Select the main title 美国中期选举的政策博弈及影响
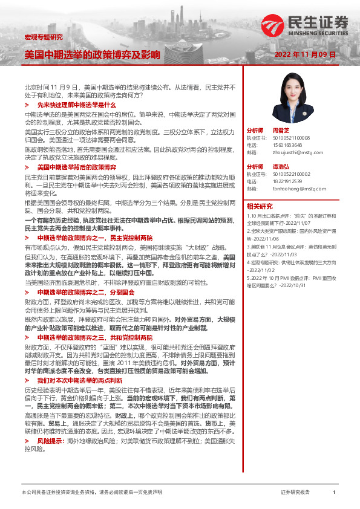tap(92, 55)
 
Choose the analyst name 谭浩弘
tap(280, 166)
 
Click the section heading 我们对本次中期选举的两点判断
tap(80, 381)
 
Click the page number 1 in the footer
tap(333, 493)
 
